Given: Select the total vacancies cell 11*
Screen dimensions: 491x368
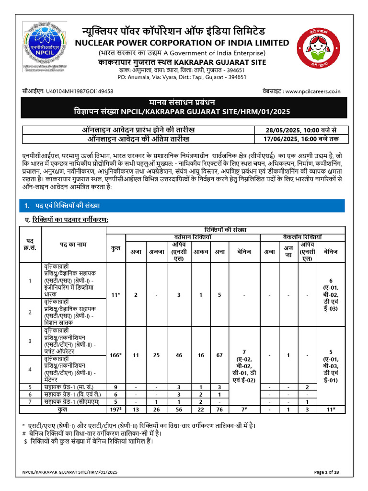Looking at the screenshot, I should click(x=115, y=295).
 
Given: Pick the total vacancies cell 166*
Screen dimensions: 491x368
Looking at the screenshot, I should click(x=115, y=355).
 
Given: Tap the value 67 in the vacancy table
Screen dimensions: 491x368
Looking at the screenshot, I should click(x=219, y=355).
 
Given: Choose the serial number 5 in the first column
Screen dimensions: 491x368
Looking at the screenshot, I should click(x=30, y=386).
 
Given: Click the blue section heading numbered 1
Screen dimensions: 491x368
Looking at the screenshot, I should click(x=62, y=206).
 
